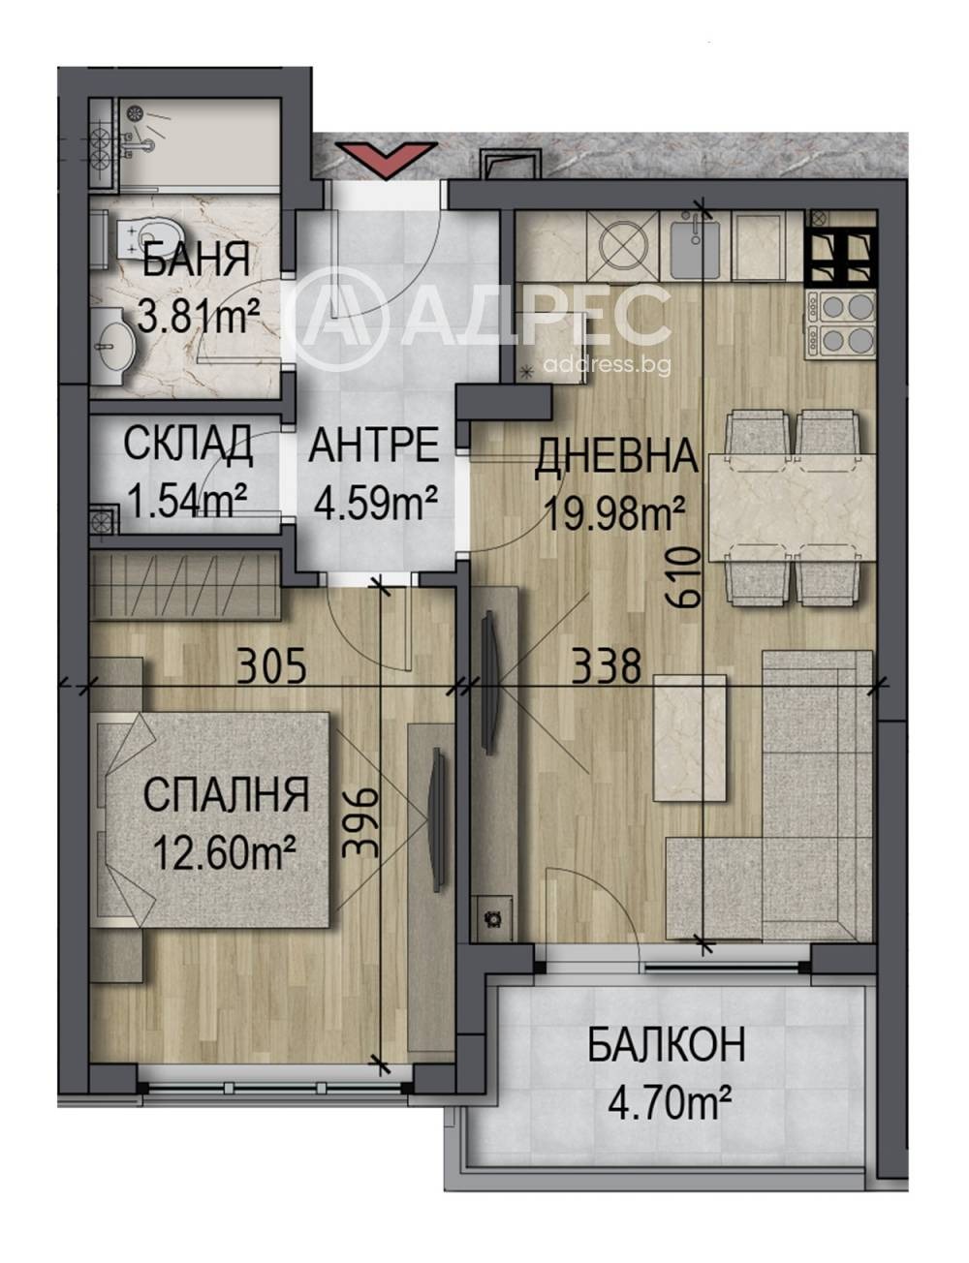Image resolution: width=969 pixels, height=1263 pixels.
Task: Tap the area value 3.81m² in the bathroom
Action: [198, 315]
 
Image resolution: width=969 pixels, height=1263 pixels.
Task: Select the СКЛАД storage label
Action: [188, 446]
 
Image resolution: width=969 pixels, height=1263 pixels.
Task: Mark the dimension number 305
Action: [271, 666]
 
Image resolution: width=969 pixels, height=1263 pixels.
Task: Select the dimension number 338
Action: [607, 666]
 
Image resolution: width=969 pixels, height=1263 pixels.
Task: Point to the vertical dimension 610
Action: [685, 579]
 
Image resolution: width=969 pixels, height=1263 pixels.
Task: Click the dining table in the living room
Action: [793, 508]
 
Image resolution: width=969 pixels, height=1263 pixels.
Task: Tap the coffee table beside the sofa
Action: [691, 738]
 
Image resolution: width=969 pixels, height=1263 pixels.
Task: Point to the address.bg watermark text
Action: [607, 365]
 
